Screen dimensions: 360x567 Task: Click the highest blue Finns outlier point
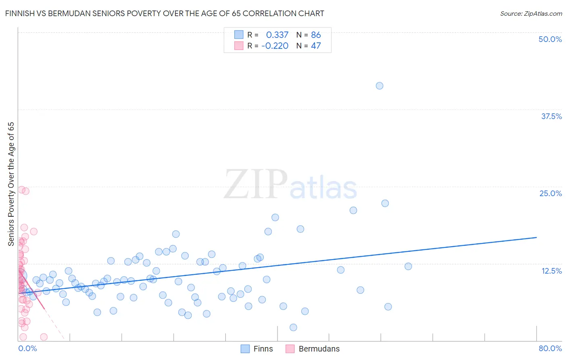[379, 86]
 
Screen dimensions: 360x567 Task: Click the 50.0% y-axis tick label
[550, 39]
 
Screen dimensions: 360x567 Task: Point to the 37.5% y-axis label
[551, 116]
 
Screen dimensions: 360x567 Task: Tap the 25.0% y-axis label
[550, 193]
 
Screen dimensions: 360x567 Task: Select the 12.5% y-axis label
[551, 271]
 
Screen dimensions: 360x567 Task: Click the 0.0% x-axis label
[27, 348]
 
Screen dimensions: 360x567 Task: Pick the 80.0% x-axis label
[550, 348]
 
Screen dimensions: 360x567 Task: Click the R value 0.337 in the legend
[277, 35]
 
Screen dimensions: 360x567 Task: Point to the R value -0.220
[275, 46]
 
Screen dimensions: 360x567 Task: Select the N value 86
[316, 35]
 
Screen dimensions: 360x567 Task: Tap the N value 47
[316, 46]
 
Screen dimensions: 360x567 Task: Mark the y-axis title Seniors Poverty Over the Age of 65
[11, 184]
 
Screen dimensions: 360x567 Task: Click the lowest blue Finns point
[293, 327]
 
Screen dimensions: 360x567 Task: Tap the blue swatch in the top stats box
[239, 35]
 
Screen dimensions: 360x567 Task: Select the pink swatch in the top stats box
[239, 46]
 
